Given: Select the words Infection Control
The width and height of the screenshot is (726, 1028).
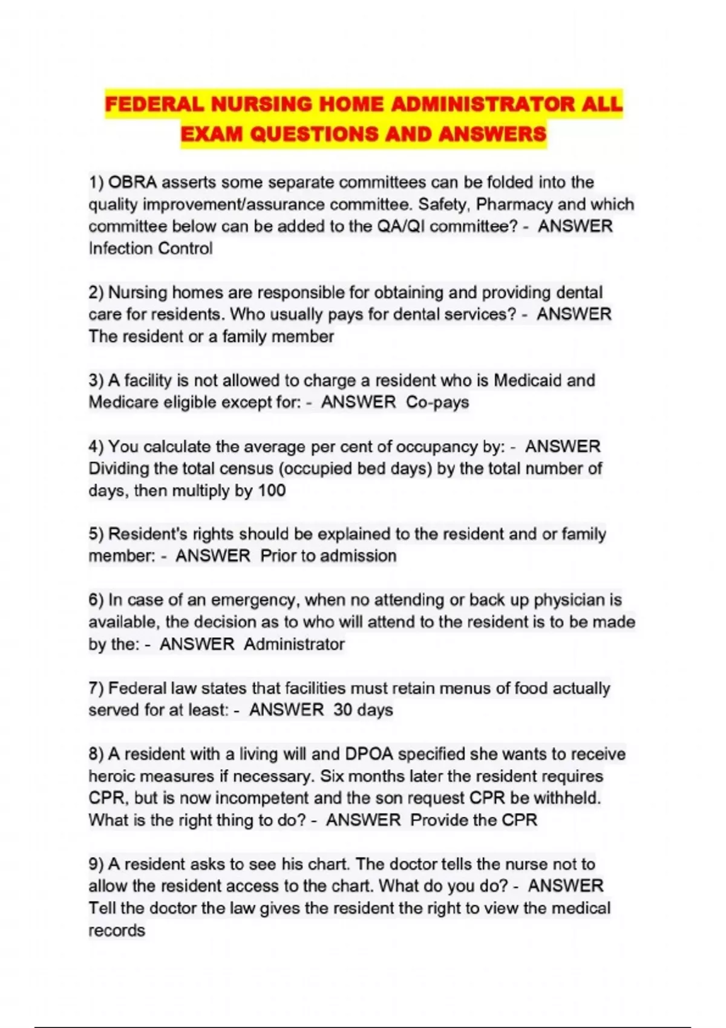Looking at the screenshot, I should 151,248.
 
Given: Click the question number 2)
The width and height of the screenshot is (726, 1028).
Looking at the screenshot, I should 96,293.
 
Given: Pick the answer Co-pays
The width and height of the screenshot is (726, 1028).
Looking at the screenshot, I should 437,402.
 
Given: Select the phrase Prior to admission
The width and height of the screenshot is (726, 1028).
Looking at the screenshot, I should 329,556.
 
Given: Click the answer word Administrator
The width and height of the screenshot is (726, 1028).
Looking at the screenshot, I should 295,644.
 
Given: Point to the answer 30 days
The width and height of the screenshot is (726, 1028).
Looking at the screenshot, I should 363,710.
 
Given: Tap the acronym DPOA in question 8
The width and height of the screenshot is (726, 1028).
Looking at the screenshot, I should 368,754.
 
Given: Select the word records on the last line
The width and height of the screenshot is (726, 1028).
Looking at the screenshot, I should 117,930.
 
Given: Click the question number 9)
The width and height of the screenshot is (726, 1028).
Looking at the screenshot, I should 96,864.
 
